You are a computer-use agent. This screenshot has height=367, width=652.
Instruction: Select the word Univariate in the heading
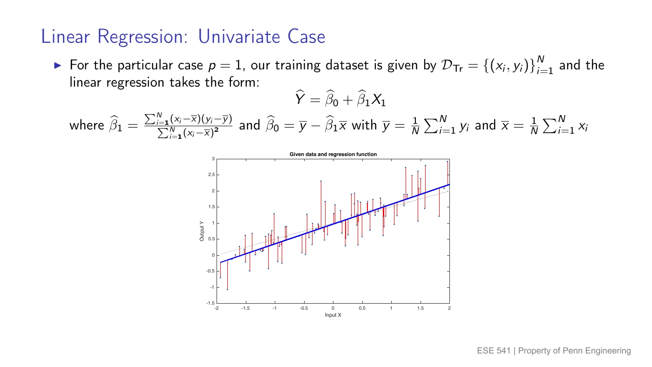(x=239, y=36)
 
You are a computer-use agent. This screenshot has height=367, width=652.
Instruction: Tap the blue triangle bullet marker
(x=58, y=66)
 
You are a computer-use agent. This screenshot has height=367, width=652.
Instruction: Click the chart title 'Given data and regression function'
(x=333, y=154)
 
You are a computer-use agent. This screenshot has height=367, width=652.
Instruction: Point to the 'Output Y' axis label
(x=202, y=231)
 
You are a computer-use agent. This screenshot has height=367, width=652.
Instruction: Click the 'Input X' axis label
(x=333, y=315)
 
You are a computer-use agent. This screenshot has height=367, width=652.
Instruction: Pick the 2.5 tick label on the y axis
(x=211, y=175)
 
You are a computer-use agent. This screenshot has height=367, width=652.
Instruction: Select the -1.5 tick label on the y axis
(x=211, y=303)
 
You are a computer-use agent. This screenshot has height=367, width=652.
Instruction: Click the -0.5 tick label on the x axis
(x=304, y=308)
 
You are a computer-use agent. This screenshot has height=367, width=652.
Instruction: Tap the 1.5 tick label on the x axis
(x=420, y=308)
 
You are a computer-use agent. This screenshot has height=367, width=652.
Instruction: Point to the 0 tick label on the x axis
(x=333, y=308)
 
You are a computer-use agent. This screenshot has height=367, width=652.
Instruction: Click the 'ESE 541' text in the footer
(x=494, y=351)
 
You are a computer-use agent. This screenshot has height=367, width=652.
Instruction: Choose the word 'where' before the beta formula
(x=87, y=125)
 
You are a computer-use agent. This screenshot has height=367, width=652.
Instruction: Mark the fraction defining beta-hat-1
(x=188, y=126)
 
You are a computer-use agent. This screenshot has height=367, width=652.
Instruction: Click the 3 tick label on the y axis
(x=213, y=159)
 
